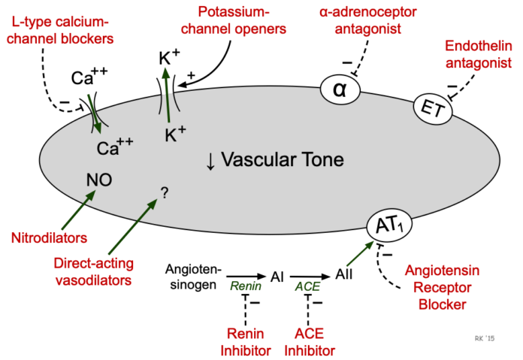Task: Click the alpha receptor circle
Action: (340, 89)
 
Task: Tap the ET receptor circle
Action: (433, 109)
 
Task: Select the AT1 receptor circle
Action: (389, 225)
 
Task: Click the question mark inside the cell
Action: (165, 192)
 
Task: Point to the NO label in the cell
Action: (99, 180)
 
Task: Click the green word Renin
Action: (246, 286)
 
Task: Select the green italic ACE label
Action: (307, 286)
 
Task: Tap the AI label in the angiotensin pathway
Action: (277, 277)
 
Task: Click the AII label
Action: (344, 274)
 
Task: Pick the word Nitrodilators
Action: (49, 238)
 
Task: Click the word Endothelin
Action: (479, 46)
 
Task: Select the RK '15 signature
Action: (485, 338)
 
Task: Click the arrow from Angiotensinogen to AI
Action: (246, 277)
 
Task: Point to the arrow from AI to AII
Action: (310, 277)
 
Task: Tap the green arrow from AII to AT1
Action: (360, 253)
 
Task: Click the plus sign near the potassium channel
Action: (191, 75)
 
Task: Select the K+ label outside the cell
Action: (169, 57)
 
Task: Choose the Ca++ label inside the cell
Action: (115, 147)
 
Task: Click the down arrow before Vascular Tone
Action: (210, 162)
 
